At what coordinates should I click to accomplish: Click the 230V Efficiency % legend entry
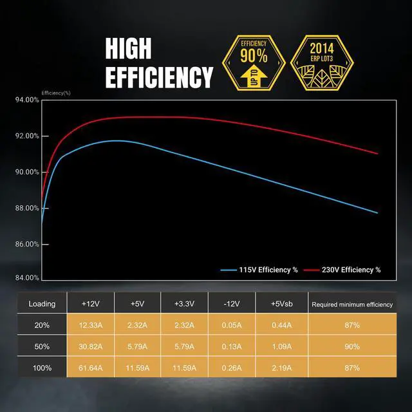342,270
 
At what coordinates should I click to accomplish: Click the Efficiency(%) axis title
56,93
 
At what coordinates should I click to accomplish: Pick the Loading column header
42,304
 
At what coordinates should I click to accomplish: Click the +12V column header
90,304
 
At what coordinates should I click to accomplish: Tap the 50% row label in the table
42,346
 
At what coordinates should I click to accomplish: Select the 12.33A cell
90,325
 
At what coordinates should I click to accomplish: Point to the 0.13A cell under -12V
232,346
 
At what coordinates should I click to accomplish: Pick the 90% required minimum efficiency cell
351,346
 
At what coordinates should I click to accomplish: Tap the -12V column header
232,304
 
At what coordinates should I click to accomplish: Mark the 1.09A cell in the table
280,346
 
